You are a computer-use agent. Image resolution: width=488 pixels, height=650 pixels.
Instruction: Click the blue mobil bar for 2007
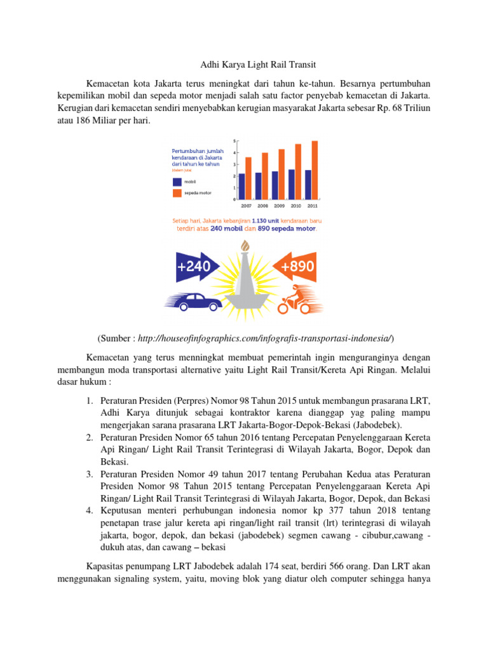pos(241,187)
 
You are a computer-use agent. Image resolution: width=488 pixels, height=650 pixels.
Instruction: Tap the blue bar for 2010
pos(291,184)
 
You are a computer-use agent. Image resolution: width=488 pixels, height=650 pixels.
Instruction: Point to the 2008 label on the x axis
pos(262,206)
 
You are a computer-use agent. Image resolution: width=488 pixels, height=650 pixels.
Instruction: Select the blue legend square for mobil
pos(177,182)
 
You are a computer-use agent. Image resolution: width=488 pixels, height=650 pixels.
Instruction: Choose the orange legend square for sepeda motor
pos(177,192)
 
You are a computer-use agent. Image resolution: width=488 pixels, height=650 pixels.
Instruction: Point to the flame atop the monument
pos(244,247)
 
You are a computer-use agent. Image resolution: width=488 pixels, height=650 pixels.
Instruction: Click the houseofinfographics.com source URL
pos(264,336)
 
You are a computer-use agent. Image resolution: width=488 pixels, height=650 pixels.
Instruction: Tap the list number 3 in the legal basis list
pos(90,474)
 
